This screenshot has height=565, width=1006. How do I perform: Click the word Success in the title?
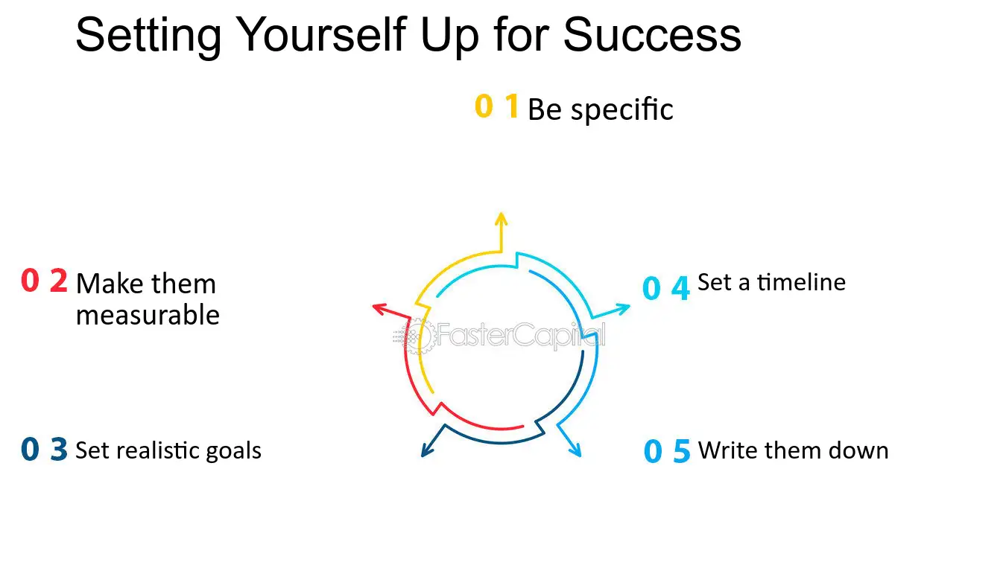[x=652, y=34]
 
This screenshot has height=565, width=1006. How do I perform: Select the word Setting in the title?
[x=148, y=36]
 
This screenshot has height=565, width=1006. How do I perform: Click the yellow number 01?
[x=496, y=107]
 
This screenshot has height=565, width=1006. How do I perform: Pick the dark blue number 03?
[x=44, y=450]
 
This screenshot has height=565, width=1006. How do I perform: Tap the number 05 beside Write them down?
[x=667, y=451]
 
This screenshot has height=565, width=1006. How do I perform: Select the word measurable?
[x=148, y=316]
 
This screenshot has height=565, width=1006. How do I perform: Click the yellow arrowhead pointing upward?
[x=501, y=219]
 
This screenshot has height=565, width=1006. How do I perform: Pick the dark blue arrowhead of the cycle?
[x=427, y=450]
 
